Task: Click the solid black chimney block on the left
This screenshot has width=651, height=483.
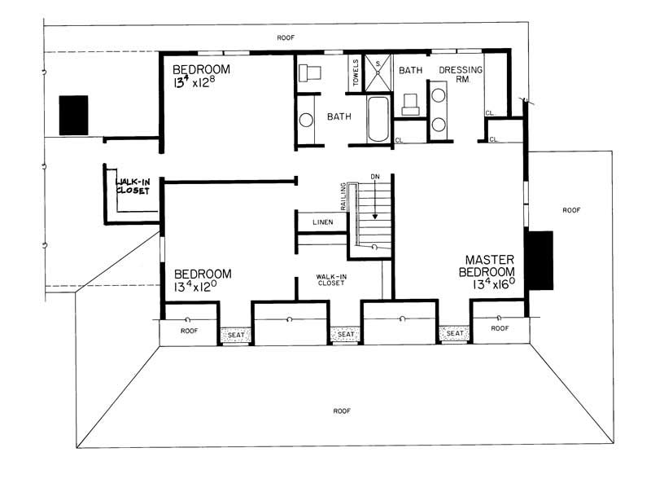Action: click(73, 115)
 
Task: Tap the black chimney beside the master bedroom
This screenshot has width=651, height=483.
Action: click(540, 260)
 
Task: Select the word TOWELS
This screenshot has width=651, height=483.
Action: click(356, 74)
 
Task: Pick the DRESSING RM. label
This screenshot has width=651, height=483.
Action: click(461, 76)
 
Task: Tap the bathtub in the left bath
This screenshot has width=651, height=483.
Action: click(378, 120)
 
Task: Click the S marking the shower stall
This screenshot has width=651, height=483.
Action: click(377, 62)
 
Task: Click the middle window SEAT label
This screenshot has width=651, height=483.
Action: click(345, 334)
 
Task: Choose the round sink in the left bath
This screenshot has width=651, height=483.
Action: click(306, 120)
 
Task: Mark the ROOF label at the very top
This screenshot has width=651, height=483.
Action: click(286, 37)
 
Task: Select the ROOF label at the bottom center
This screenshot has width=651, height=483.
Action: click(342, 411)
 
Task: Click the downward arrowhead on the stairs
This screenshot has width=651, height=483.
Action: click(374, 217)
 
